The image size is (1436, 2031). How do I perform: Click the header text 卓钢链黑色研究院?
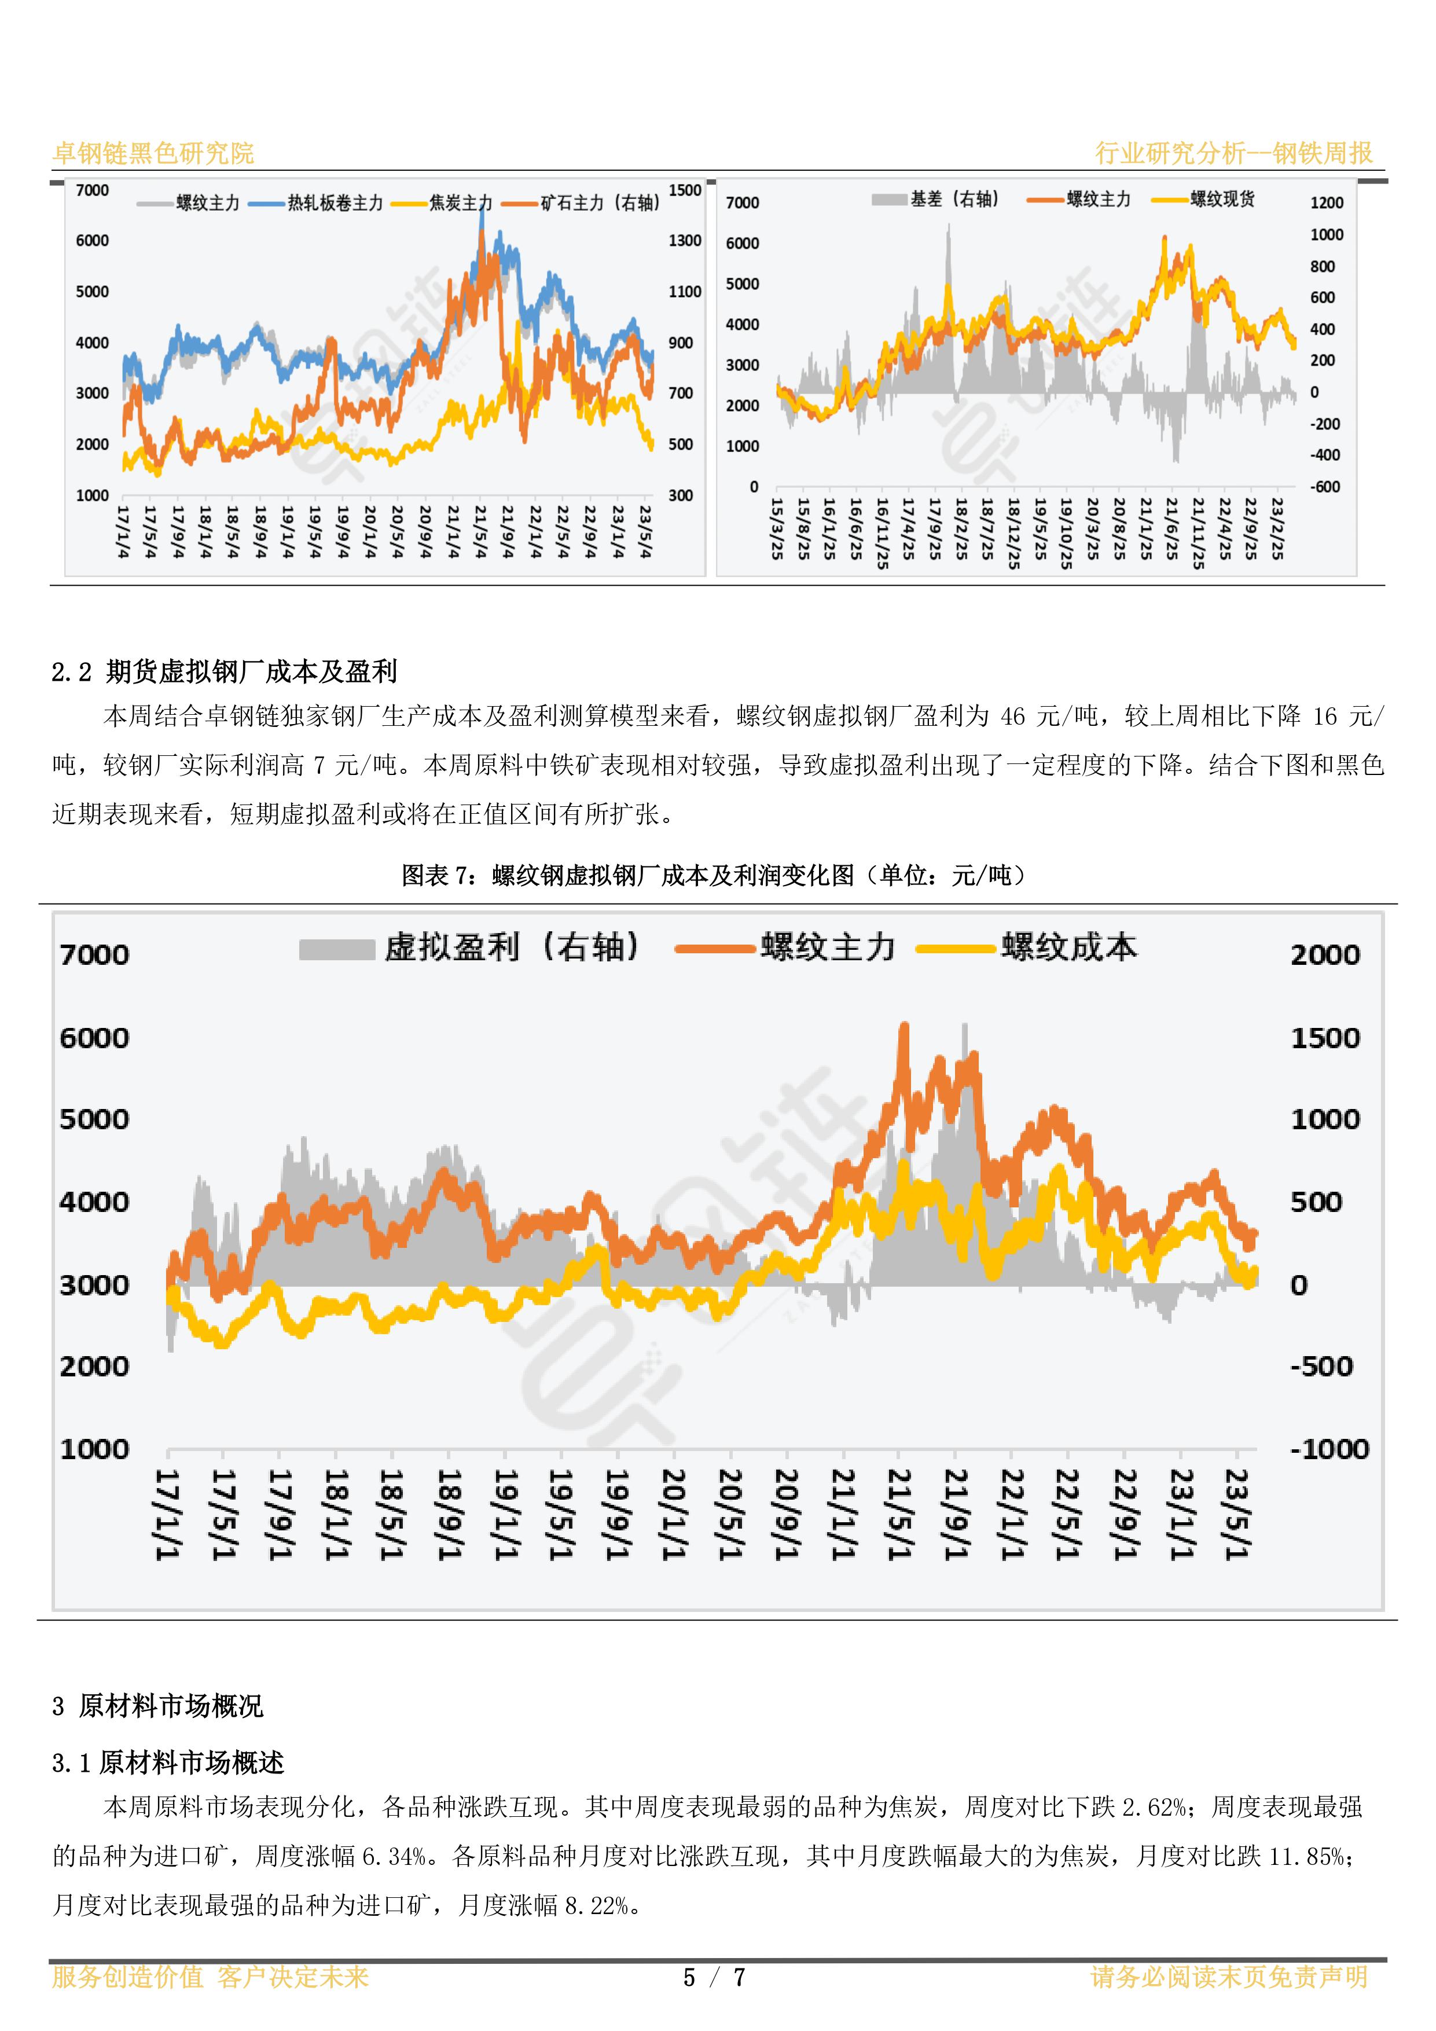pos(153,153)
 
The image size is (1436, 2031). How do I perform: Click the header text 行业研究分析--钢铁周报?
pos(1233,153)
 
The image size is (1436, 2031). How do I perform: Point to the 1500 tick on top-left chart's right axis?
pos(685,190)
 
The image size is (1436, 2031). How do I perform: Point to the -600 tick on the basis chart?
pos(1324,487)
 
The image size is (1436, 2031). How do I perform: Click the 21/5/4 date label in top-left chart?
pos(480,532)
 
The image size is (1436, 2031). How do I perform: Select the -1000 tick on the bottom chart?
pos(1329,1449)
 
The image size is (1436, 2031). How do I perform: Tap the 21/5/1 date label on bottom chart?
pos(899,1514)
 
